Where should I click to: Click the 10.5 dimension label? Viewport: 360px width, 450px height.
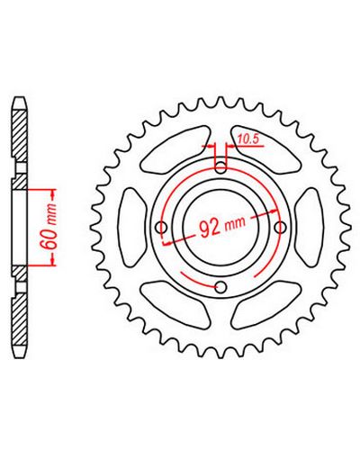(x=248, y=139)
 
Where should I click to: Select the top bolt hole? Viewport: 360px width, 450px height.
(x=221, y=167)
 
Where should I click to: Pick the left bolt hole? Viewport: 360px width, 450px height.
(x=162, y=227)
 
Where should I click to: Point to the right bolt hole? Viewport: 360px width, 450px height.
(x=281, y=227)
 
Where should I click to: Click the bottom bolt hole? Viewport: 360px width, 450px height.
(x=221, y=287)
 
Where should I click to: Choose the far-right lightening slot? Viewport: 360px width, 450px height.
(x=310, y=227)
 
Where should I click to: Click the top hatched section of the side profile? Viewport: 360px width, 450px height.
(x=19, y=135)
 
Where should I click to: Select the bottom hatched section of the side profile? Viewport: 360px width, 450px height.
(x=19, y=319)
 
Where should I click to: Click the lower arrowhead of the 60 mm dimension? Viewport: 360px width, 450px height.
(x=53, y=259)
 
